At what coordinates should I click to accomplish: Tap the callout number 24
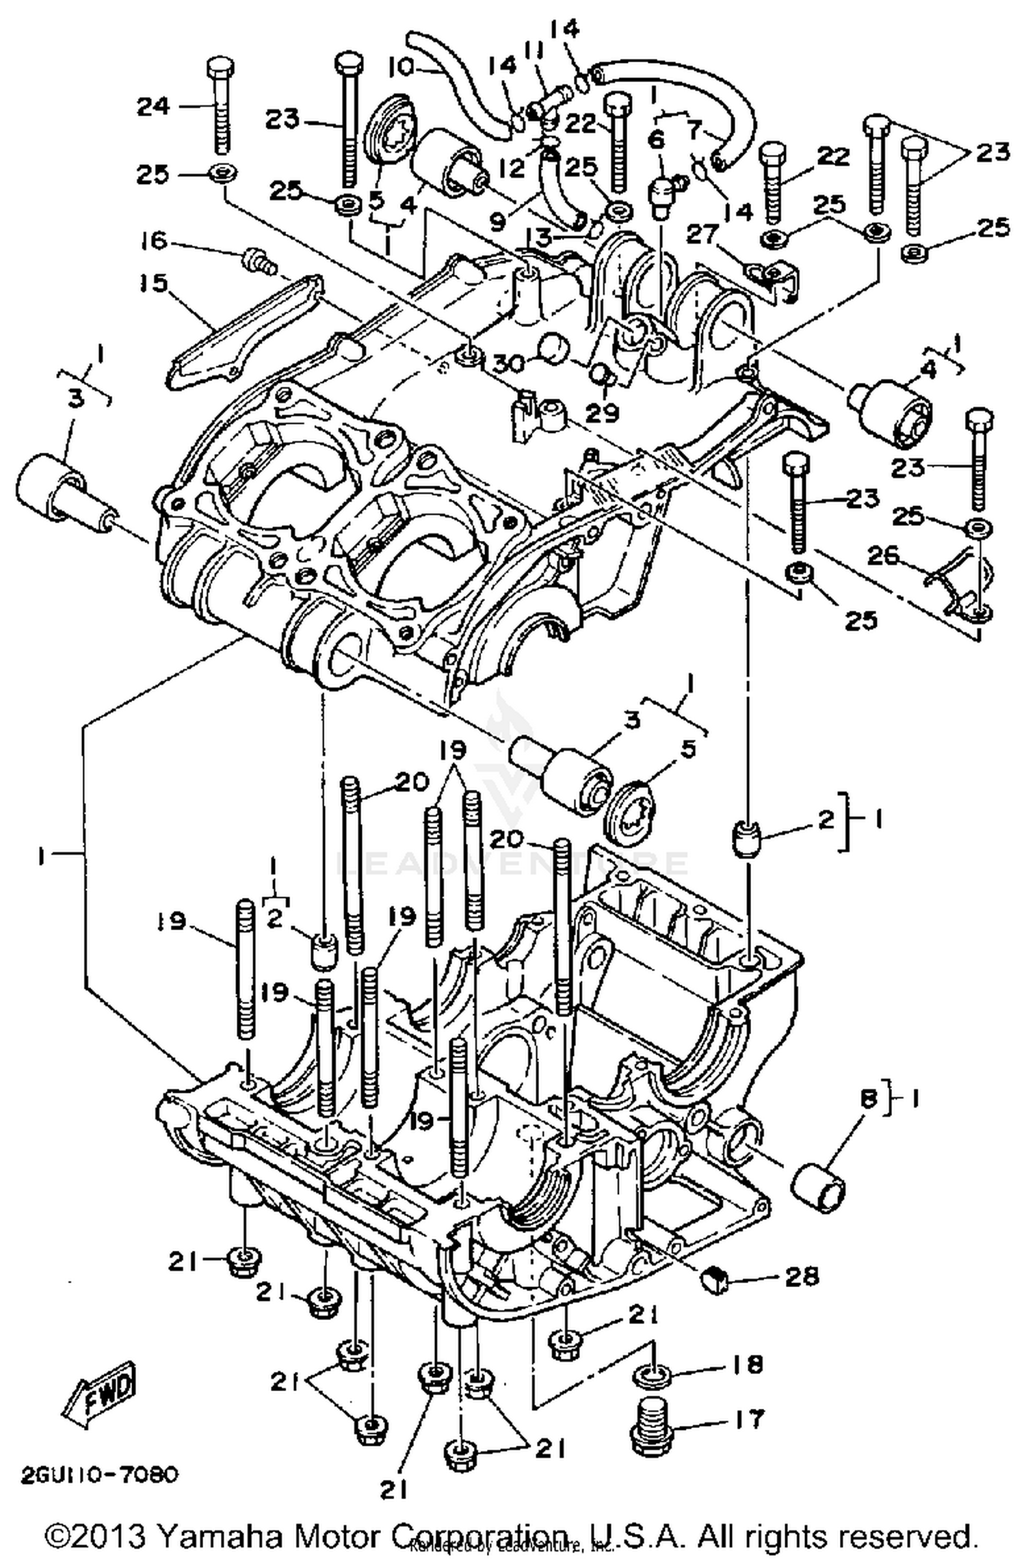tap(153, 106)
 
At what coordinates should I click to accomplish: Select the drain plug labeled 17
tap(651, 1428)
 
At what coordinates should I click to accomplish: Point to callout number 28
tap(802, 1275)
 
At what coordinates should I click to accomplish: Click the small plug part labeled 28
tap(713, 1277)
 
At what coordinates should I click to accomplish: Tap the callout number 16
tap(154, 240)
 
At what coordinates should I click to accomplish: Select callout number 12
tap(512, 166)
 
